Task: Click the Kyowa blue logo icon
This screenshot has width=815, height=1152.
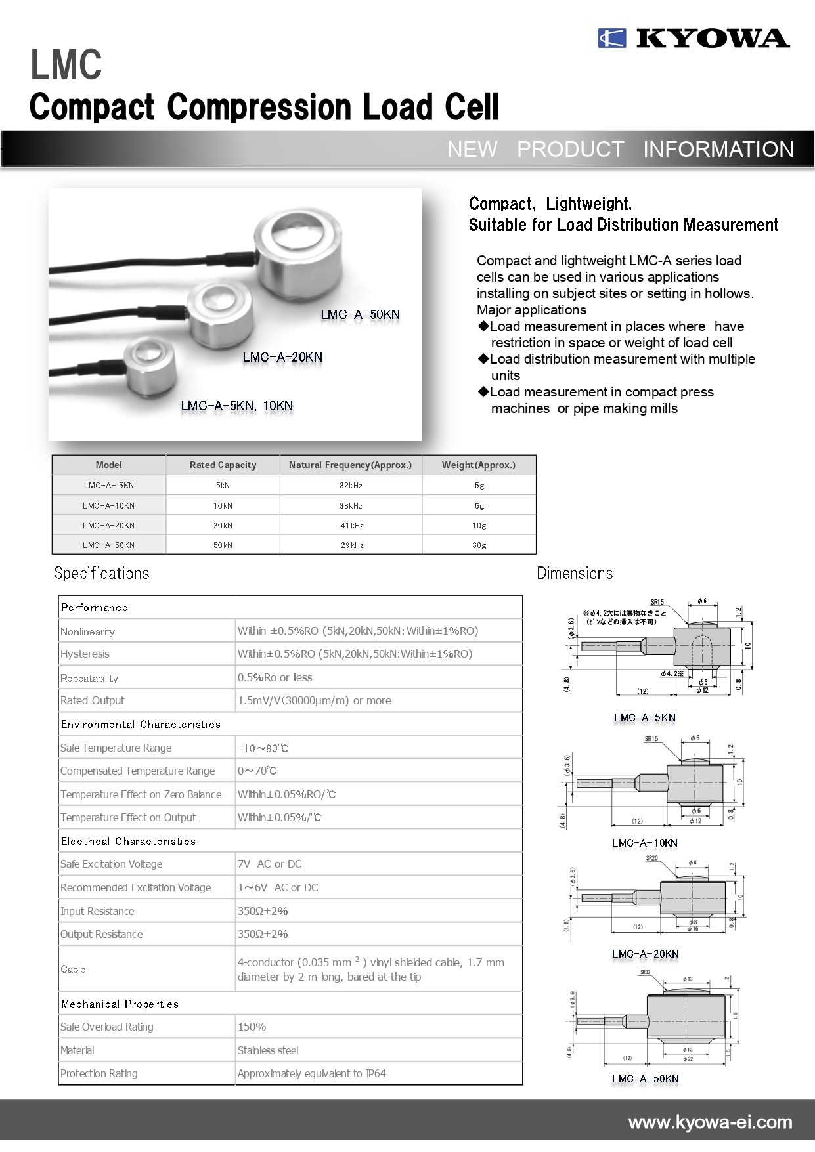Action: click(611, 38)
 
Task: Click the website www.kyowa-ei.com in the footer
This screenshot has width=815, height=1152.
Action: click(710, 1122)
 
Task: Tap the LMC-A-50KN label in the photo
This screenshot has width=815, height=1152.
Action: click(360, 314)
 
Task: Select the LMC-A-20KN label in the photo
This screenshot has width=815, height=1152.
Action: click(282, 357)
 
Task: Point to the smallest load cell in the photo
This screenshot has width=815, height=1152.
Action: click(150, 367)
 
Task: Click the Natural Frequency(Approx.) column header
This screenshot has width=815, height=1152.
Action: click(350, 465)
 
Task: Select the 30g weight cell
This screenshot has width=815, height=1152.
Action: click(479, 545)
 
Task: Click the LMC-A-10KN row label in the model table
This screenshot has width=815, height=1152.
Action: click(108, 505)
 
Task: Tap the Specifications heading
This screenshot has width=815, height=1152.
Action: click(102, 573)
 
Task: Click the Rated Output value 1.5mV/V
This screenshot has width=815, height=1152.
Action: click(314, 700)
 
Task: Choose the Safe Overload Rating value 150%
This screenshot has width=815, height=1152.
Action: click(252, 1027)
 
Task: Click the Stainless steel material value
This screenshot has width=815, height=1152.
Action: click(268, 1050)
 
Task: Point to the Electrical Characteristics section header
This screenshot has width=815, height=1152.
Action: click(128, 841)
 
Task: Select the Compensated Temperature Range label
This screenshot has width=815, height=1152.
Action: click(137, 771)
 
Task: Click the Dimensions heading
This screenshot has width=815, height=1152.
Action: click(575, 573)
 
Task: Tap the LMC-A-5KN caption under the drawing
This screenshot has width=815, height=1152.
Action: click(644, 717)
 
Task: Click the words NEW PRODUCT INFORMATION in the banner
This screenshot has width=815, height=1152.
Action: click(621, 149)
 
